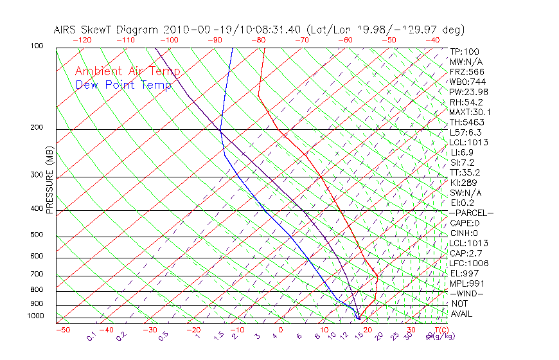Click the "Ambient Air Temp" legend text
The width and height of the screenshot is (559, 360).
[x=127, y=71]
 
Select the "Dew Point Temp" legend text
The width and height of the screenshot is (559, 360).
[x=123, y=85]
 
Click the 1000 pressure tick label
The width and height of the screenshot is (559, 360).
[x=36, y=316]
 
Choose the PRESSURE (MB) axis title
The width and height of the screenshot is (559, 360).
[x=50, y=183]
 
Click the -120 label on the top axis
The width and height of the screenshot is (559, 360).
[x=82, y=40]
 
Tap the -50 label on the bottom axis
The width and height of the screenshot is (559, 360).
[x=62, y=330]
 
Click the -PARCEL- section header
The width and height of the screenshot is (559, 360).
[x=472, y=213]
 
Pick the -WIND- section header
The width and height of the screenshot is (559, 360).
[x=467, y=293]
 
